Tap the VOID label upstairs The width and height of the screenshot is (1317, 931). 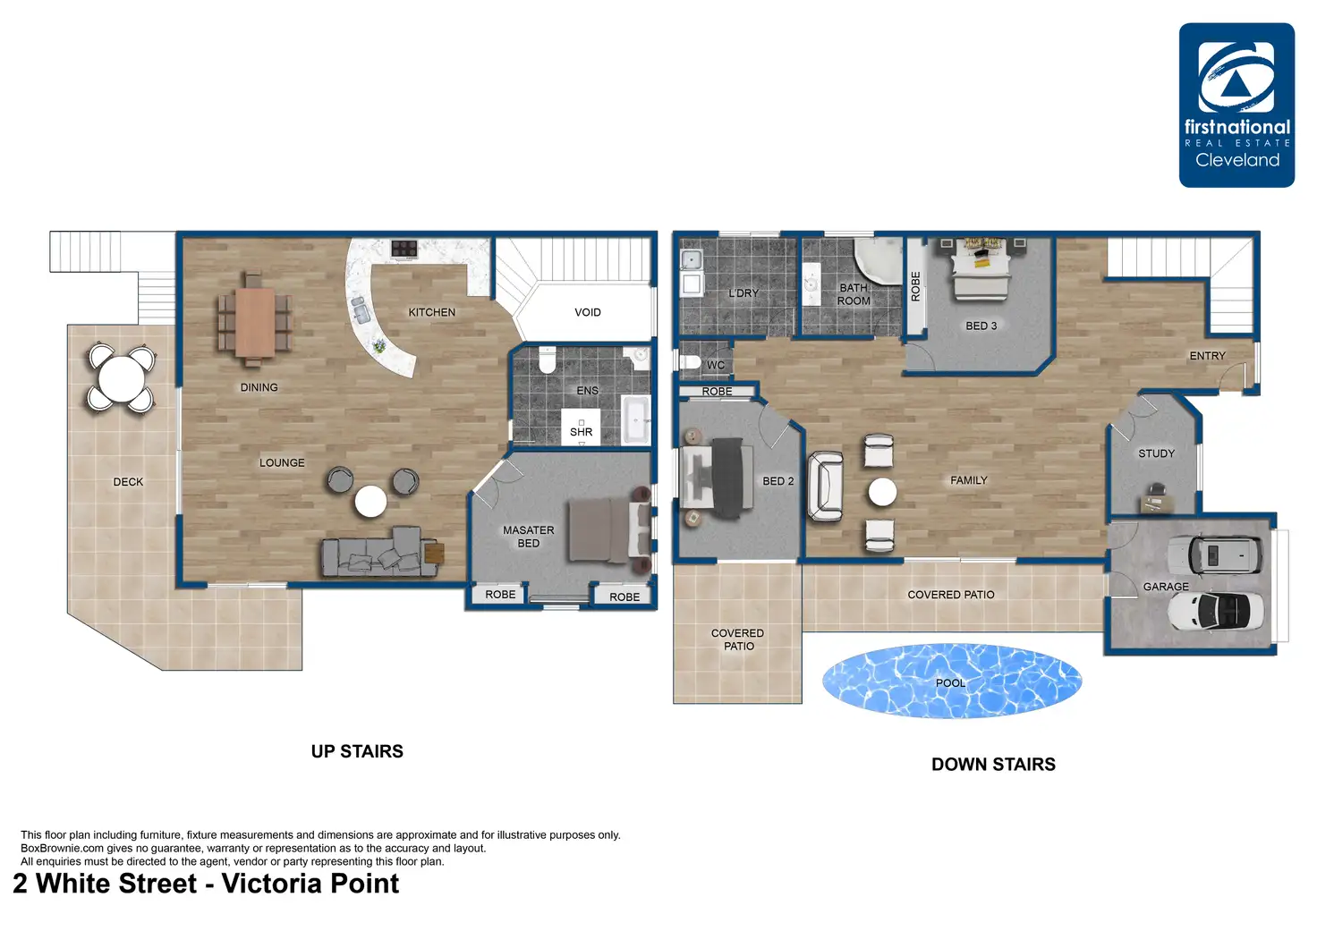pyautogui.click(x=587, y=312)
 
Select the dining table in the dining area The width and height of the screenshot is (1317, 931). pyautogui.click(x=255, y=322)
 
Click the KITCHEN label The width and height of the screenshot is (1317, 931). pyautogui.click(x=431, y=312)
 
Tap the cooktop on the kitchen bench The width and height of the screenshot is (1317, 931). pyautogui.click(x=404, y=248)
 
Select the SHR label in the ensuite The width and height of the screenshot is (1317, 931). pyautogui.click(x=581, y=432)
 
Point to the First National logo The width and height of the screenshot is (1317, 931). pyautogui.click(x=1236, y=106)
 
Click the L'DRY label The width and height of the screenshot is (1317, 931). pyautogui.click(x=743, y=292)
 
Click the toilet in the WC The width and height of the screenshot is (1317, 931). pyautogui.click(x=690, y=362)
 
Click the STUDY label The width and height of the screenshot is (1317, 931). pyautogui.click(x=1156, y=453)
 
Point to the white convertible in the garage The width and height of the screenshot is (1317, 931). pyautogui.click(x=1215, y=611)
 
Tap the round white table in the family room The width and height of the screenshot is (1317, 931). pyautogui.click(x=882, y=492)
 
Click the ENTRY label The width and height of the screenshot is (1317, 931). pyautogui.click(x=1207, y=356)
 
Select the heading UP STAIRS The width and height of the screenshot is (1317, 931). pyautogui.click(x=357, y=751)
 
